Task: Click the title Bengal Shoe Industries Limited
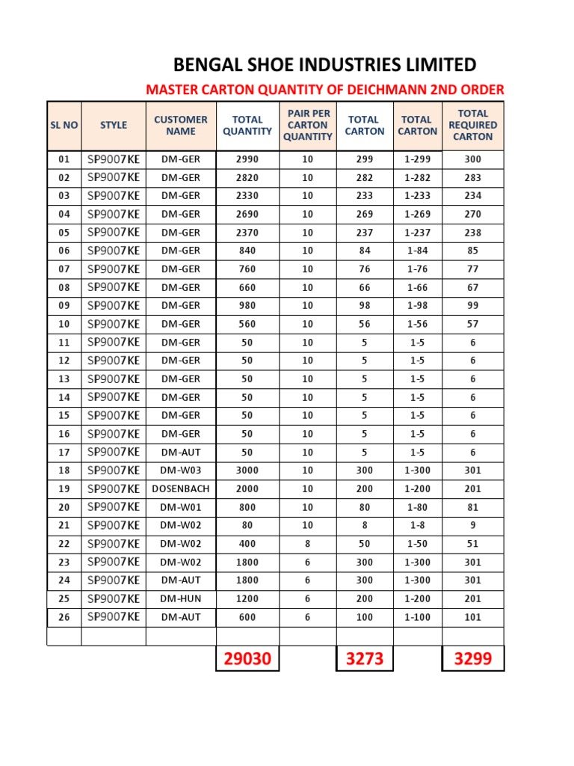click(324, 64)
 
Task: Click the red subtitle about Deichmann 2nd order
click(324, 91)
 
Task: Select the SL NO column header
click(64, 126)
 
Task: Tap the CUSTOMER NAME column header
click(181, 126)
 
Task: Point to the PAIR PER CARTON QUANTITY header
click(307, 126)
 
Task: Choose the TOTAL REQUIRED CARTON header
click(472, 126)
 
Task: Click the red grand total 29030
click(247, 659)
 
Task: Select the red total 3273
click(364, 659)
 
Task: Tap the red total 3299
click(472, 659)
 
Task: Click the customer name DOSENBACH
click(181, 489)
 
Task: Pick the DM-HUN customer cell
click(181, 599)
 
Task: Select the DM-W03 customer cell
click(181, 471)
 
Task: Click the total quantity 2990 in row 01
click(247, 159)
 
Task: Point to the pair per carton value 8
click(307, 544)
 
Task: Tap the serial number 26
click(64, 618)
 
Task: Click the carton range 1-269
click(417, 215)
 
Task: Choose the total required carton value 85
click(472, 251)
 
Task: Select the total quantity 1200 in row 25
click(247, 599)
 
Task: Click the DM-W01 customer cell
click(181, 507)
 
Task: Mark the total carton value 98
click(364, 306)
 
